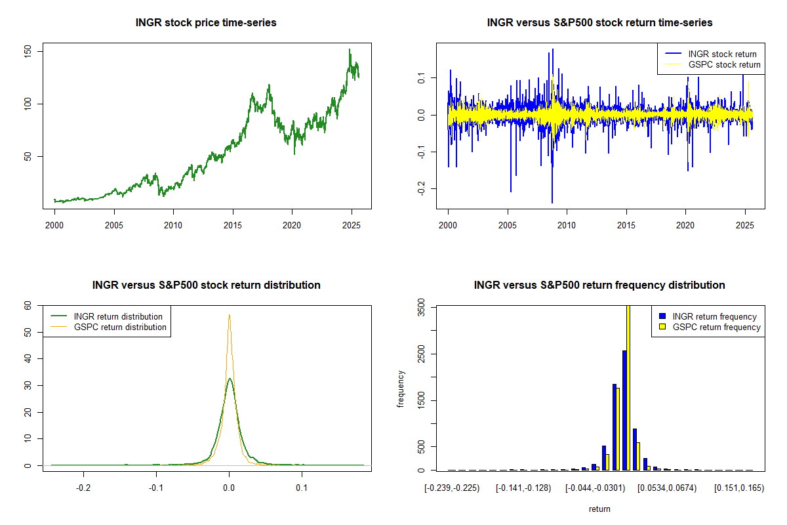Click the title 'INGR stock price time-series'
206,23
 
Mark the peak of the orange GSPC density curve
229,315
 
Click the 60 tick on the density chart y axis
28,306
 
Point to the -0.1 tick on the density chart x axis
155,488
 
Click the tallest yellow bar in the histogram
628,387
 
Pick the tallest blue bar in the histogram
624,410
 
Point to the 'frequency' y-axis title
401,388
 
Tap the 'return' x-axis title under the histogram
599,509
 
